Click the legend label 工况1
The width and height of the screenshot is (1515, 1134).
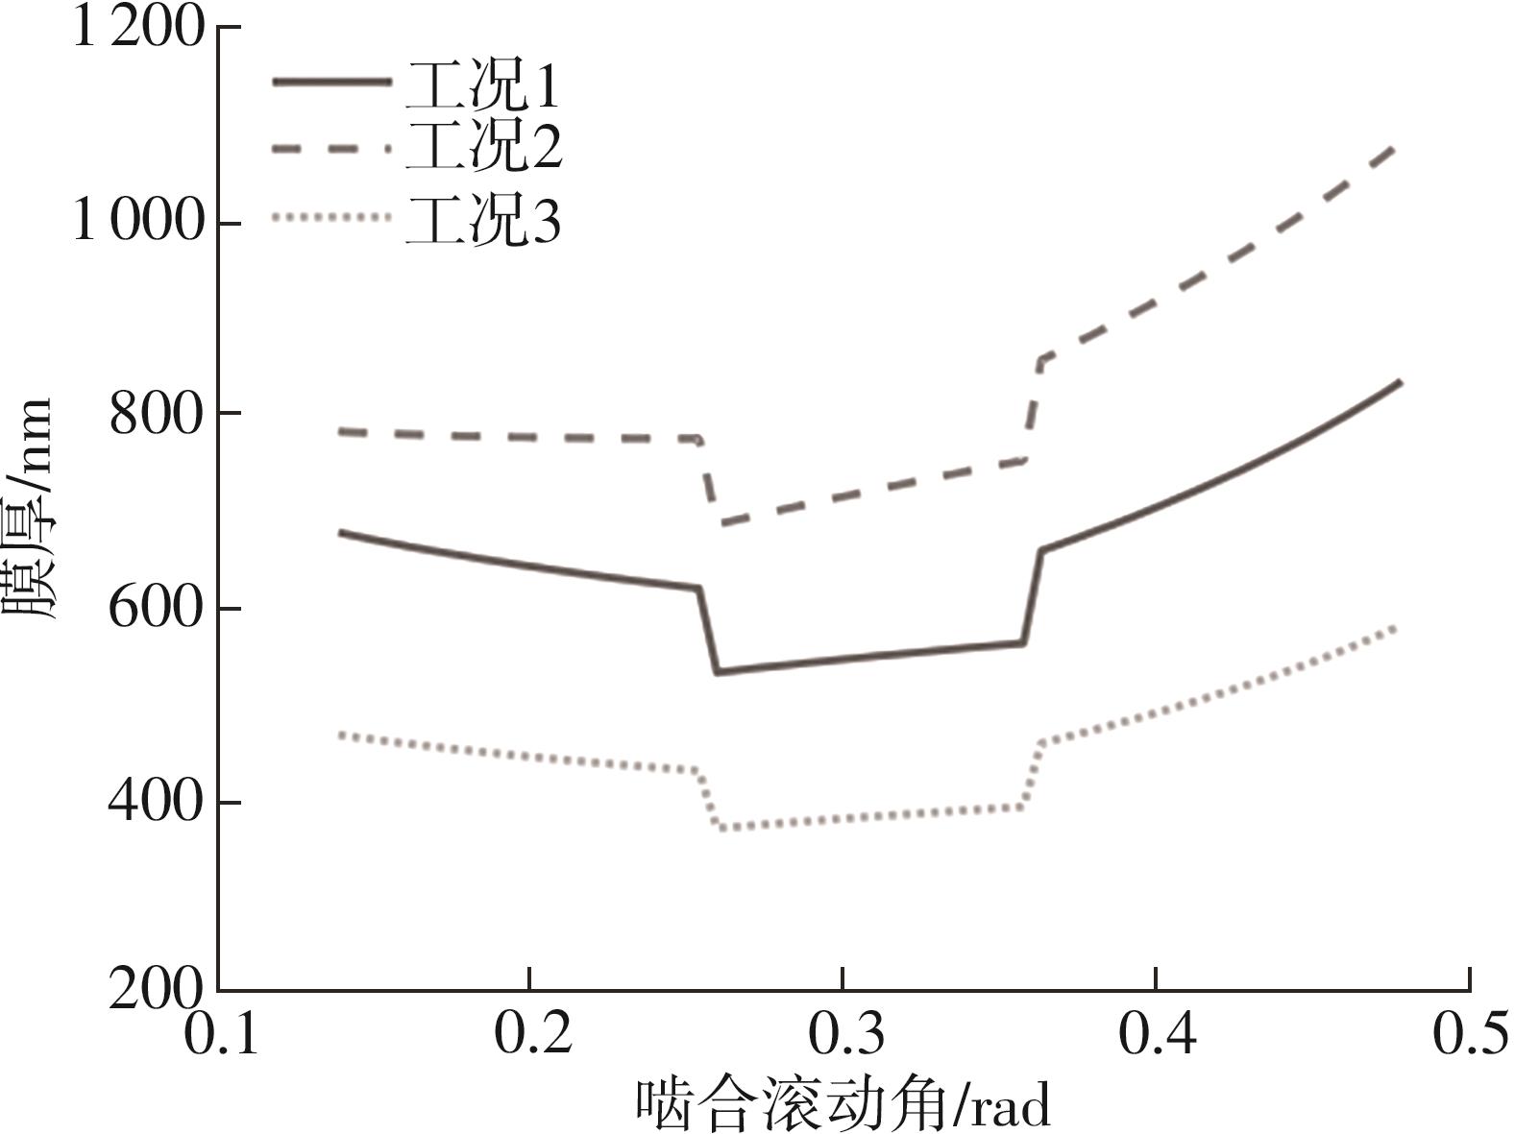coord(482,86)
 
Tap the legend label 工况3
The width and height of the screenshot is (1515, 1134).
coord(482,220)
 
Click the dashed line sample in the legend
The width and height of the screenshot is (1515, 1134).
coord(331,149)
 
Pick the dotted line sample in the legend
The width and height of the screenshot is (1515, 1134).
coord(331,218)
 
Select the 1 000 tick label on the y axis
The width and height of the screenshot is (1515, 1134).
coord(139,222)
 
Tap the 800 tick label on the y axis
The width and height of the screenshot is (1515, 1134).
coord(157,414)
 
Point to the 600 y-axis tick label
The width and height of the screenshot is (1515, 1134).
coord(157,608)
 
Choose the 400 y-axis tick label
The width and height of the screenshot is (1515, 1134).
coord(157,801)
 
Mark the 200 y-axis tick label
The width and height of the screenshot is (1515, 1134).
coord(157,989)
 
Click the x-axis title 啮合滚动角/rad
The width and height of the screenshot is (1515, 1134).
coord(843,1104)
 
